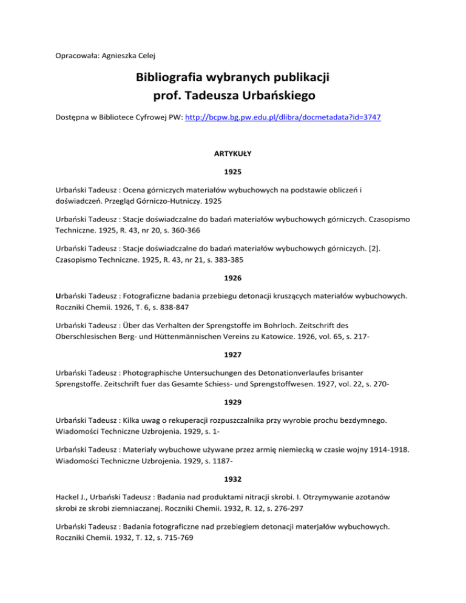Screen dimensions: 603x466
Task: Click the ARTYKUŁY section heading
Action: (233, 155)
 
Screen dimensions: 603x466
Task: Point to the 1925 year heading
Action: (233, 172)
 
